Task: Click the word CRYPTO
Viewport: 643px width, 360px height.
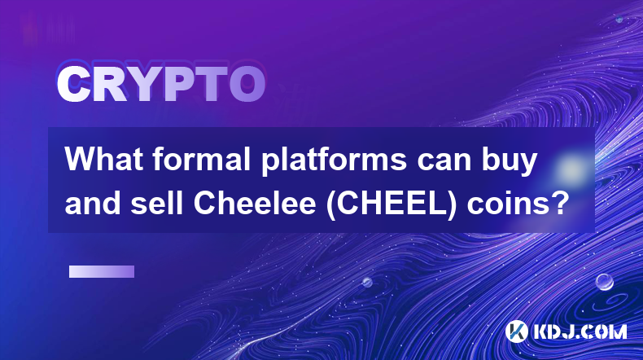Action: [x=161, y=85]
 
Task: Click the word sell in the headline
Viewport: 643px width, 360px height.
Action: [x=156, y=203]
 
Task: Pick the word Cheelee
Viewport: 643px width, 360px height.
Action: [x=255, y=203]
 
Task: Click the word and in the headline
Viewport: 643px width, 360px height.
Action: [x=93, y=203]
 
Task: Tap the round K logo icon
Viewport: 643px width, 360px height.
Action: [x=516, y=331]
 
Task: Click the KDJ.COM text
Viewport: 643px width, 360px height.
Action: [x=580, y=331]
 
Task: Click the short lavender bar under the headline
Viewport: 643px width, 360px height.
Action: [x=102, y=272]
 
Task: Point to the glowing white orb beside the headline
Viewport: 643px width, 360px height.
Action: [x=571, y=169]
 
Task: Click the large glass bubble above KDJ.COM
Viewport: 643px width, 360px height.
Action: [x=605, y=282]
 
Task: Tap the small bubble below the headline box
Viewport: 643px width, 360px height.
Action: [x=367, y=282]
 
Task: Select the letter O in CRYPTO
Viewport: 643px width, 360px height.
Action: [x=247, y=85]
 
